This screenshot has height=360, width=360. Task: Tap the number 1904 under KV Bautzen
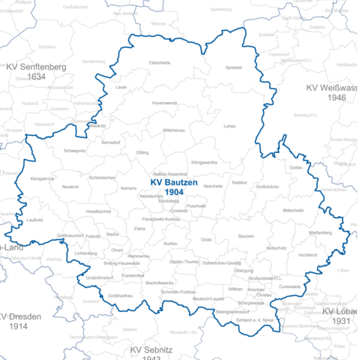coord(175,193)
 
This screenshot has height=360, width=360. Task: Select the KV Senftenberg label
coord(36,66)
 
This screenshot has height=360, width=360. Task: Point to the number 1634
coord(36,76)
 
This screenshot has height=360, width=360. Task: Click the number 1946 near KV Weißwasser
coord(336,98)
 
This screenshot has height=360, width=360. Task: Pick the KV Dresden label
coord(24,316)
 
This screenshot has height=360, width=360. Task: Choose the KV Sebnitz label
coord(151,350)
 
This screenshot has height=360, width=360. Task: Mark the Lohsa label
coord(229,126)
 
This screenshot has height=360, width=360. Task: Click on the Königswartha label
coord(204,162)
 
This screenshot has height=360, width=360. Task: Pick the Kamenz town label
coord(128,188)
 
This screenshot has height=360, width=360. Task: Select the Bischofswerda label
coord(160,282)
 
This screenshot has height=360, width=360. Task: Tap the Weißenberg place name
coord(320,232)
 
